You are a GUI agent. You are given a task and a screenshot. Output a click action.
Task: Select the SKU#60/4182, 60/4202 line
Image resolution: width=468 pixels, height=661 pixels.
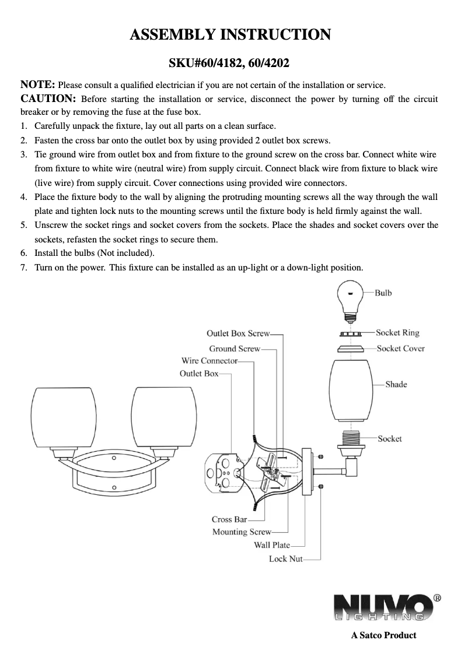[229, 62]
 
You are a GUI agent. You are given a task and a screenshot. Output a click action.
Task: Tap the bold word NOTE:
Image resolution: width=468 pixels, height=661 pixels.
[38, 85]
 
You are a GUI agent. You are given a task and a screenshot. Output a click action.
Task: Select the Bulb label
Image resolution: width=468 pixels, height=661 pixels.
[383, 293]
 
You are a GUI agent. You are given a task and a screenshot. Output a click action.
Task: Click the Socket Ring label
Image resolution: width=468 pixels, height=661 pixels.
[397, 333]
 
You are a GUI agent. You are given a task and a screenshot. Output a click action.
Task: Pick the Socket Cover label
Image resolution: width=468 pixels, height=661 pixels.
[400, 349]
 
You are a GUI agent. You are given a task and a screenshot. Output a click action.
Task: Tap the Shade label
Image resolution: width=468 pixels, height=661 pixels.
[396, 384]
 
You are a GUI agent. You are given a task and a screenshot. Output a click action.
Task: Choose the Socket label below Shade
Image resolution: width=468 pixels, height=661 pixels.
[389, 438]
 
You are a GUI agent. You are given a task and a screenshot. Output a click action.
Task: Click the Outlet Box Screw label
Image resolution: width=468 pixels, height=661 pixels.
[238, 333]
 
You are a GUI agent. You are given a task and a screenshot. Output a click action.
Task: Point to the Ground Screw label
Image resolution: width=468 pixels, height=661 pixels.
[235, 349]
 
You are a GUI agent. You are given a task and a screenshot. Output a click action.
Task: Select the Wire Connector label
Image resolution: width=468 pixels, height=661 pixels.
[209, 361]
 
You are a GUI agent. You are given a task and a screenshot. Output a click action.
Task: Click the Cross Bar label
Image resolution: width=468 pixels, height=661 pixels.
[229, 519]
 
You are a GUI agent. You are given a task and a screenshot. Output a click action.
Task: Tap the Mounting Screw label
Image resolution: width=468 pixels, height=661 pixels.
[242, 532]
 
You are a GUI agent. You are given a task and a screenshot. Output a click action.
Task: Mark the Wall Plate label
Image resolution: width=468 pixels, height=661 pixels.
[271, 545]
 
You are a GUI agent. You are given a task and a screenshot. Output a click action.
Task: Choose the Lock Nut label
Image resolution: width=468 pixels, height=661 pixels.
[285, 559]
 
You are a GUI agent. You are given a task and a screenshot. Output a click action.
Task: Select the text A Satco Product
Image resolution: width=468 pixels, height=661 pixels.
[383, 635]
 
